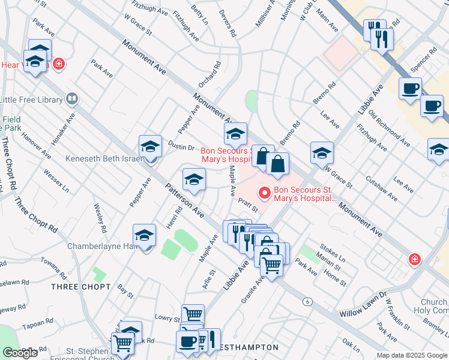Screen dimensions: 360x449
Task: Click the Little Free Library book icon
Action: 72,98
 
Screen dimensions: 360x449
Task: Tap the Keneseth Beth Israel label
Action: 103,160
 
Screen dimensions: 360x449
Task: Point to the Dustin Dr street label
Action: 181,147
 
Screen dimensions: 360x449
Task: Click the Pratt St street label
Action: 247,205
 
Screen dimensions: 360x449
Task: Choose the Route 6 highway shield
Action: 307,301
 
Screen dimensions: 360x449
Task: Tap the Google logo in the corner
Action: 20,353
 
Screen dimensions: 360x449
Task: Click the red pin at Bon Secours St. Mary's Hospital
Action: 263,193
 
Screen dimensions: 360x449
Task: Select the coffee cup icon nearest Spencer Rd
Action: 410,89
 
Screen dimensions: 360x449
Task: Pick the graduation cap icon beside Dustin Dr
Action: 150,146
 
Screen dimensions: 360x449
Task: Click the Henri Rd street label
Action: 174,218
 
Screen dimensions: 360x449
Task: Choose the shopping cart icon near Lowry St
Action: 193,314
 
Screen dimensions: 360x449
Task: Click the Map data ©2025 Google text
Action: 412,355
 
